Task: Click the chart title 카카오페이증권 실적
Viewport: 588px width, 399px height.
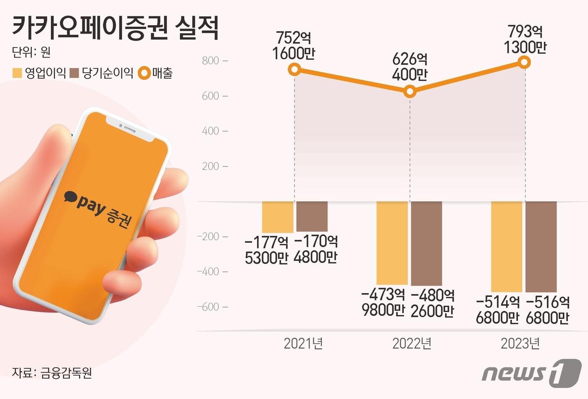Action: tap(115, 29)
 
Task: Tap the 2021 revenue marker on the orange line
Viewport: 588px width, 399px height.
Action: tap(295, 69)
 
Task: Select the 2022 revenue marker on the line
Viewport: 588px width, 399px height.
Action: tap(410, 92)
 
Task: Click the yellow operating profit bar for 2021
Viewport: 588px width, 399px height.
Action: tap(278, 217)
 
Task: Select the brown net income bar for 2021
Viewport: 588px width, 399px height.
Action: tap(312, 216)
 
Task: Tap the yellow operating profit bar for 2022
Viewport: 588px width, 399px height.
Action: tap(392, 243)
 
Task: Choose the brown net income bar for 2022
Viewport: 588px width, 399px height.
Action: tap(426, 244)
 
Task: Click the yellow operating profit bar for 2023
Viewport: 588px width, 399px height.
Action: tap(507, 247)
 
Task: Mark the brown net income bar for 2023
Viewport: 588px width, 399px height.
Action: tap(541, 247)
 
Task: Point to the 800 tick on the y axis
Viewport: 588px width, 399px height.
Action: tap(211, 61)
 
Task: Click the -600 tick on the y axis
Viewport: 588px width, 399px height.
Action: tap(209, 307)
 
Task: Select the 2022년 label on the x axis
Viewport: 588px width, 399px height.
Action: tap(412, 344)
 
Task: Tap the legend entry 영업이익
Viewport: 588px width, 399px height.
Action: tap(39, 73)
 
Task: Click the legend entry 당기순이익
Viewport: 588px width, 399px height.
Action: tap(102, 73)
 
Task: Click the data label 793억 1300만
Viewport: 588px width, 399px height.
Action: tap(525, 39)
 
